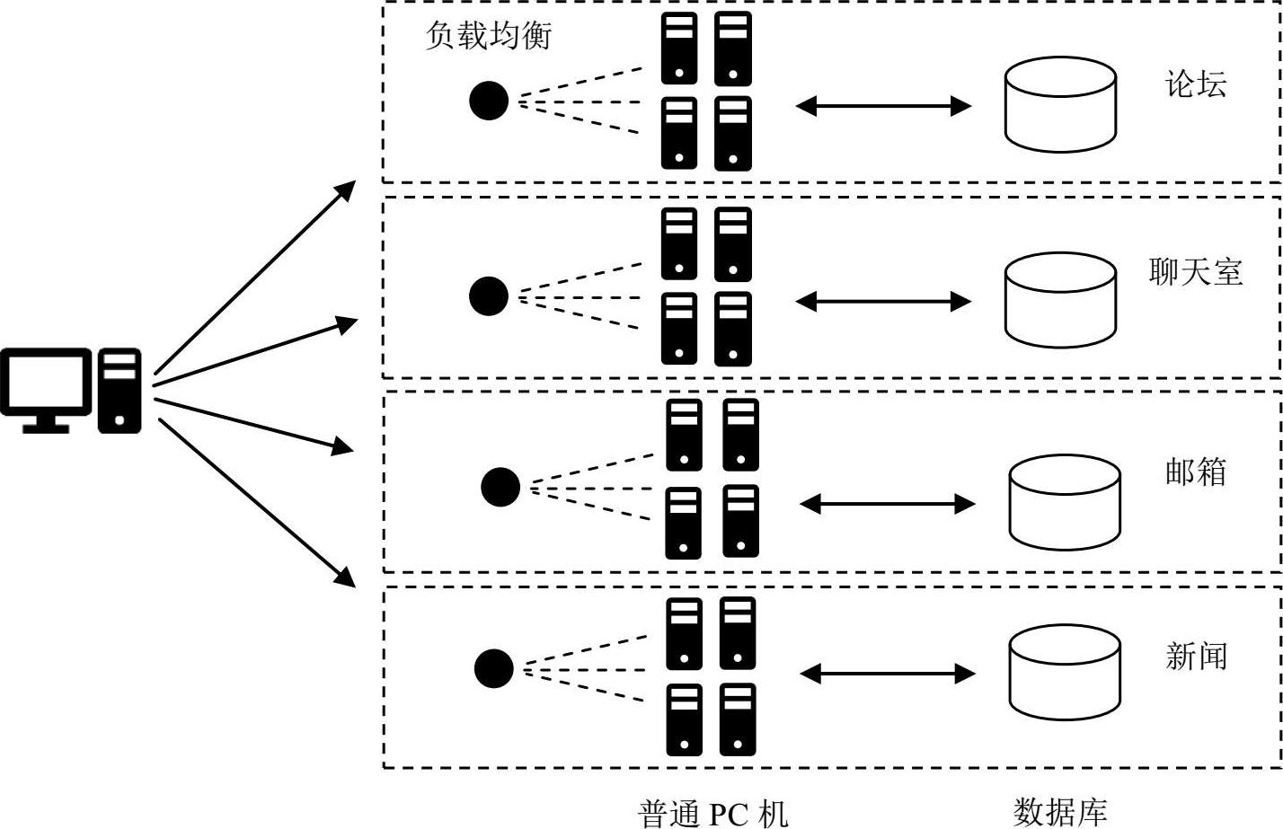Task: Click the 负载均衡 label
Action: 488,36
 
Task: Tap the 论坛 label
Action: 1195,84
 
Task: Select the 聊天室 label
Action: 1195,271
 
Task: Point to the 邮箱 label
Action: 1195,472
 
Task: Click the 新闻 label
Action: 1195,657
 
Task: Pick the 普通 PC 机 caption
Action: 712,813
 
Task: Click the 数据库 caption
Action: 1060,812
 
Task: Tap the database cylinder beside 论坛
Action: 1060,106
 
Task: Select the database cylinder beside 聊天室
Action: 1060,300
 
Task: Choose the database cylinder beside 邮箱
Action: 1065,503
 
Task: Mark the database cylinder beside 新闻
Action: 1065,673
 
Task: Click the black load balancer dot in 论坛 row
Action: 489,101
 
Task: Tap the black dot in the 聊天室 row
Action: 489,296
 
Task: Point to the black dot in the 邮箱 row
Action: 500,487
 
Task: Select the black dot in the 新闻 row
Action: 493,669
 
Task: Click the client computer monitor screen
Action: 45,383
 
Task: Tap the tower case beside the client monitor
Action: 119,392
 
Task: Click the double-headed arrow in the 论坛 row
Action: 883,106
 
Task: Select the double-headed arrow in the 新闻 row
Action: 887,673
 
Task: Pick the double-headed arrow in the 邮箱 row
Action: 887,504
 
